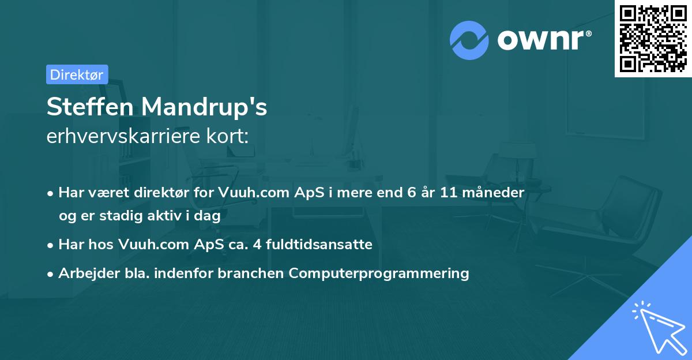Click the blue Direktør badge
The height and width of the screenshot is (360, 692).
pos(77,74)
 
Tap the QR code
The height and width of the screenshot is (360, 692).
pos(653,39)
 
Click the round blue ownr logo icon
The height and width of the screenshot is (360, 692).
pos(469,40)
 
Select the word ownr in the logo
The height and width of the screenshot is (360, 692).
pos(540,40)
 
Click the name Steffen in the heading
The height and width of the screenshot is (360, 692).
pos(90,107)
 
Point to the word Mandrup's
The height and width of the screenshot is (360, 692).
pos(204,107)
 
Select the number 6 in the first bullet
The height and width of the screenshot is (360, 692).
pos(412,192)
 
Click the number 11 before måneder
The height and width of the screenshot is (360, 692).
pos(449,192)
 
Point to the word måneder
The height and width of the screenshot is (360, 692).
pos(494,192)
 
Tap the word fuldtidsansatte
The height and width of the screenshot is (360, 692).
pos(319,244)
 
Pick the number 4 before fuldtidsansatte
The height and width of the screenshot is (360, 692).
pos(257,245)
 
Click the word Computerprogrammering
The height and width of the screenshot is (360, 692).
pos(379,273)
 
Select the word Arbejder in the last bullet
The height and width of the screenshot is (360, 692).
pos(89,273)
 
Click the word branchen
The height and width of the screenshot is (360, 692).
pos(250,273)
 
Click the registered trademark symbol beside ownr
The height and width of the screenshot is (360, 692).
pos(588,33)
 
